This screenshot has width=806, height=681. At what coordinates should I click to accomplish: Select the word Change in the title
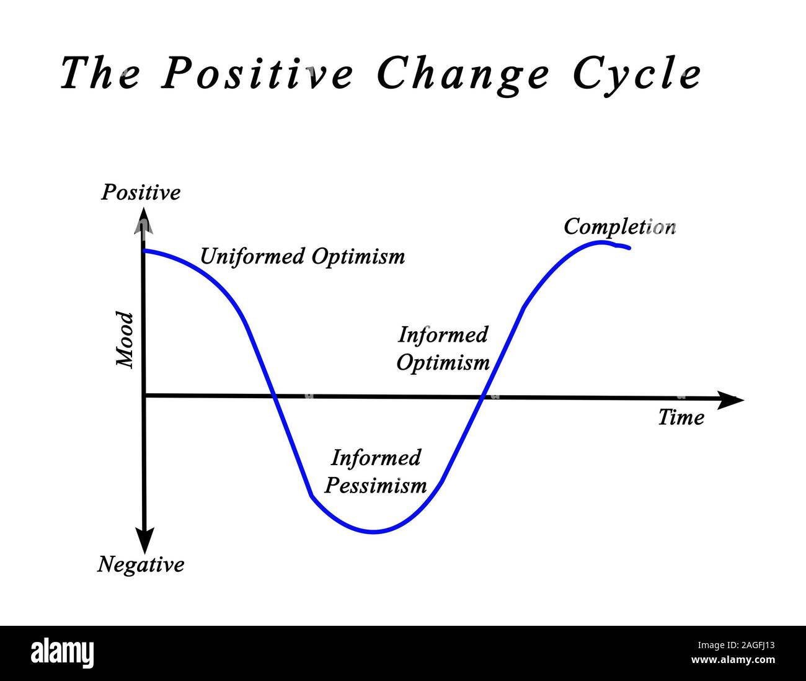point(463,73)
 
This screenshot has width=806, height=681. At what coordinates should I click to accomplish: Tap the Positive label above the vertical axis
point(141,192)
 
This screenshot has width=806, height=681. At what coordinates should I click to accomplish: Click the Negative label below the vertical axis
point(141,565)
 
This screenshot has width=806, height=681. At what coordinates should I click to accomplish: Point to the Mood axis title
point(126,340)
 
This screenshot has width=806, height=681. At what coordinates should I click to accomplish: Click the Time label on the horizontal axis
point(681,417)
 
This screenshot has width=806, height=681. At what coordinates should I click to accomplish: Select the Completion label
point(619,227)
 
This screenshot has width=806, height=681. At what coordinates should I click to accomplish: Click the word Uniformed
point(253,256)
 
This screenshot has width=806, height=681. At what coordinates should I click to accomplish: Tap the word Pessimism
point(376,485)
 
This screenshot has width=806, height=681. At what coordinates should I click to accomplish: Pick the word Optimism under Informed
point(443,362)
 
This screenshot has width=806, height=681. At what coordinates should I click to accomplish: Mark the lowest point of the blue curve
point(373,532)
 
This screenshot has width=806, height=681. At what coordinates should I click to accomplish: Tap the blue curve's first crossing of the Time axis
point(273,395)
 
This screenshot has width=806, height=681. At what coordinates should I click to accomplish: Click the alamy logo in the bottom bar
point(62,653)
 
